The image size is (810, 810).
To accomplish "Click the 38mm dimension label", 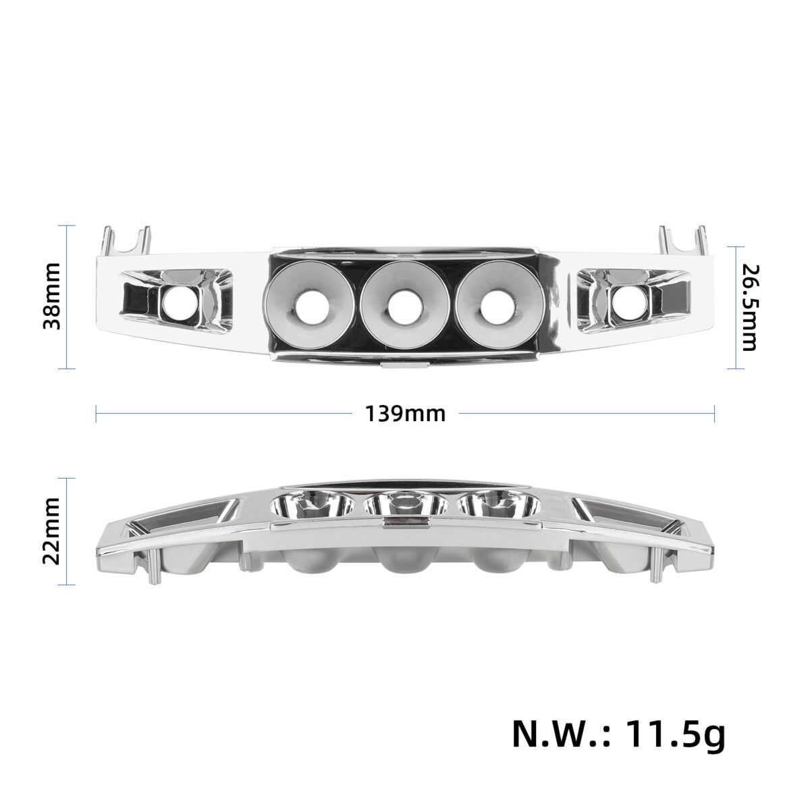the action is coord(52,296).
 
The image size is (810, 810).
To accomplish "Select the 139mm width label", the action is coord(405,414).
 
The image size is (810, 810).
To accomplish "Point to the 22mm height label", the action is coord(52,531).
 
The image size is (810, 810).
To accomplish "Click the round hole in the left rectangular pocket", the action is coord(180,303).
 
